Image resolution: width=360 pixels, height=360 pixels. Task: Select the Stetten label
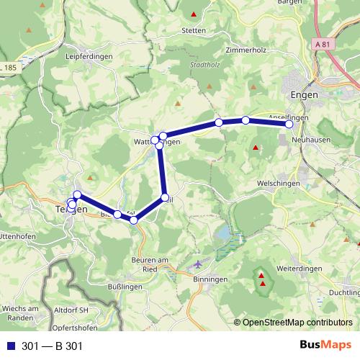click(194, 31)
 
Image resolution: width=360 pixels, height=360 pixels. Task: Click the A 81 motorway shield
click(324, 45)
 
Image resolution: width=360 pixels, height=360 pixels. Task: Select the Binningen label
click(211, 279)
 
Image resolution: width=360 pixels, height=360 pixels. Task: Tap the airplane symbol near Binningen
click(199, 264)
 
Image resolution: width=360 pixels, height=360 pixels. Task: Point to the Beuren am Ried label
click(150, 264)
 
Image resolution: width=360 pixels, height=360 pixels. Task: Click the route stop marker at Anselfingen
click(289, 125)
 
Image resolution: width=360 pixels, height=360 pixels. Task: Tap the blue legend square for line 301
click(12, 346)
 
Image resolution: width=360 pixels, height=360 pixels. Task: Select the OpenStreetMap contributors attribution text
click(297, 322)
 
